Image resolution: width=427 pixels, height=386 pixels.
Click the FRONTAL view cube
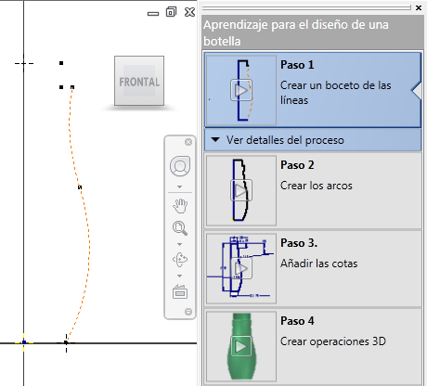[x=139, y=81]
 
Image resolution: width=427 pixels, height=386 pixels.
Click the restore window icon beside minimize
[x=171, y=12]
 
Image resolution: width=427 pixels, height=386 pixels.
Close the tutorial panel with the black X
[x=419, y=8]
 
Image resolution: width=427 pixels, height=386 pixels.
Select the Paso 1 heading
[x=297, y=65]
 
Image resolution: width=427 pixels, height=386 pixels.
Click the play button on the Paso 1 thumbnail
[x=241, y=90]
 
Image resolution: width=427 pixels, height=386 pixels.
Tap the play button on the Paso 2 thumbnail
[x=241, y=190]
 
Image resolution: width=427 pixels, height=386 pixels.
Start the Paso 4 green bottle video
[x=241, y=346]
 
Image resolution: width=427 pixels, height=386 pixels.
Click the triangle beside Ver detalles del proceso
[x=215, y=140]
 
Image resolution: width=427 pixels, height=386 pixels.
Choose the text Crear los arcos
[x=317, y=186]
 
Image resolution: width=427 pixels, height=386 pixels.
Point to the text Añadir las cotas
[x=319, y=264]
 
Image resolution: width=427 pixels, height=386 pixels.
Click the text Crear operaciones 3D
[x=333, y=341]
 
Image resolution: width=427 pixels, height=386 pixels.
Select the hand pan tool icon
[x=180, y=206]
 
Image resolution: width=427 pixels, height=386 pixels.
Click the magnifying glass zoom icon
[x=180, y=228]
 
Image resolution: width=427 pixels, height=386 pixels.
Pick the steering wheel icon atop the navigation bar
[x=180, y=166]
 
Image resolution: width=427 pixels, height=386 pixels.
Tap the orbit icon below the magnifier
[x=180, y=260]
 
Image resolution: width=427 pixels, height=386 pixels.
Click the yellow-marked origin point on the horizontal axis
[x=24, y=342]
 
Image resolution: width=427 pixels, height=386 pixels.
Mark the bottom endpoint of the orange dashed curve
[x=66, y=342]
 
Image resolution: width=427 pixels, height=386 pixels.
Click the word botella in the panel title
[x=222, y=41]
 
